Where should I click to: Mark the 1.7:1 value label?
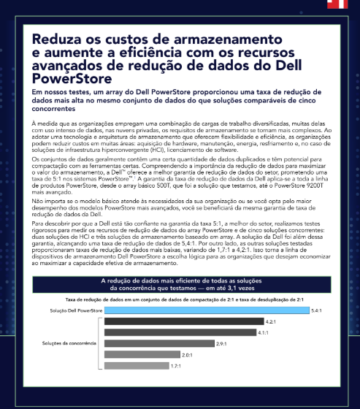175,365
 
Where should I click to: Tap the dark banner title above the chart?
179,284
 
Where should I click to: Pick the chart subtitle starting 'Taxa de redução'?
179,299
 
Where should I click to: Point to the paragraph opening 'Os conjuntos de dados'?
179,161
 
